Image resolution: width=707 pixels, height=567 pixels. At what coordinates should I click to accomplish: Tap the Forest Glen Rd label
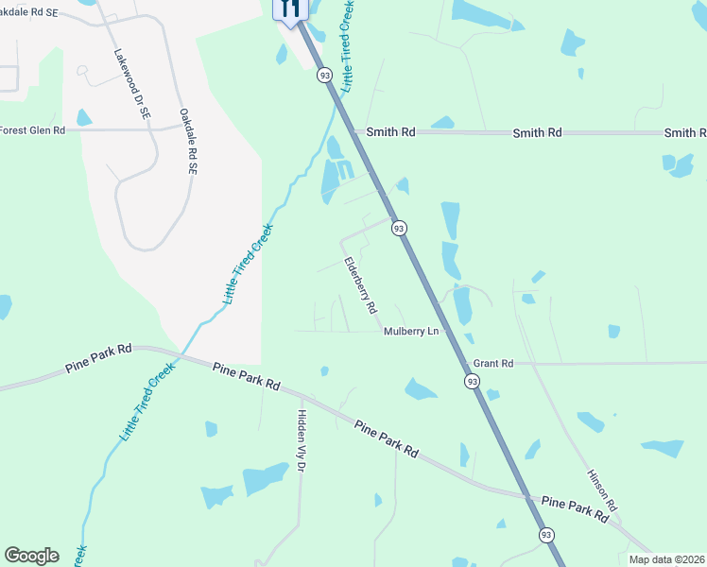point(33,130)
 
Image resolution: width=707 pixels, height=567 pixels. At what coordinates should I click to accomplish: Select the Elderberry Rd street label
point(360,285)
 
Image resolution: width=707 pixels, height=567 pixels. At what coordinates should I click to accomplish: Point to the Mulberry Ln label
point(412,332)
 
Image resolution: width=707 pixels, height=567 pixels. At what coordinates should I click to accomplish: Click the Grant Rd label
point(492,363)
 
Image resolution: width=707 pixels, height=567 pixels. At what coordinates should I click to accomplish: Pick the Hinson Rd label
point(601,490)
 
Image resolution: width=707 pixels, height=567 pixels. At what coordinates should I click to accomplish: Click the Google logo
point(31,556)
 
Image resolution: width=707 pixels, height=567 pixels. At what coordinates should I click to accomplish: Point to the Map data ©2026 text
point(666,559)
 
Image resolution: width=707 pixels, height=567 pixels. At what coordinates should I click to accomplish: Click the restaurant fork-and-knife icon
point(289,9)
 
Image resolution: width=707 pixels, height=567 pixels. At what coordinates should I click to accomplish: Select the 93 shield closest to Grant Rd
point(472,380)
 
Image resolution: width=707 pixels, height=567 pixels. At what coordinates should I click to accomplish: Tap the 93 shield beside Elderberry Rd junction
point(399,228)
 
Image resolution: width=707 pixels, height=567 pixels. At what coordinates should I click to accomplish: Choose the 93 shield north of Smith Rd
point(325,75)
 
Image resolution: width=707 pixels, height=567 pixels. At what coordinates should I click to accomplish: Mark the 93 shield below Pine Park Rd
point(546,535)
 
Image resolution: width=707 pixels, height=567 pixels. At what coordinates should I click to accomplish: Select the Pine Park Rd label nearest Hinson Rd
point(575,511)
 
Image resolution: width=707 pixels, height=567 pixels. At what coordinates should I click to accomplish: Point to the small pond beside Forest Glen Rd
point(84,117)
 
